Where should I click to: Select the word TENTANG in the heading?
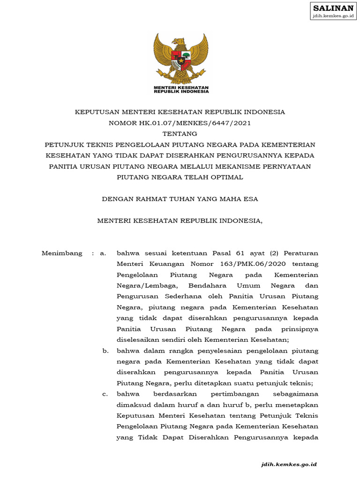point(180,134)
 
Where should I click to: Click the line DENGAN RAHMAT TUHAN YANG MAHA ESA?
point(180,199)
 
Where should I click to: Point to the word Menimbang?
point(62,253)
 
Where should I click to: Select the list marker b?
point(105,351)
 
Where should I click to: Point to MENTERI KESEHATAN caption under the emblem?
point(181,88)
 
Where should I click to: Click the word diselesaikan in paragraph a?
point(139,340)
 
